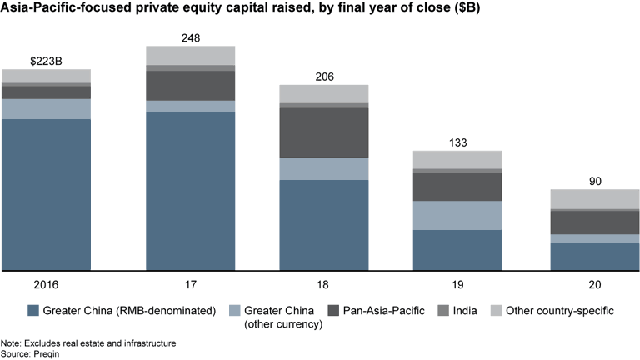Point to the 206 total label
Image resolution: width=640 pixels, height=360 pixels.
pos(323,76)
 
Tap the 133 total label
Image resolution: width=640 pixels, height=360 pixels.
pos(458,142)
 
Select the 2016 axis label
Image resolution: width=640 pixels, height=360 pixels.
pos(46,283)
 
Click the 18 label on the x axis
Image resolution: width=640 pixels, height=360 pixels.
pos(323,283)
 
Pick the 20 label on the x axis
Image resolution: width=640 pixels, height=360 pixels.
pos(595,283)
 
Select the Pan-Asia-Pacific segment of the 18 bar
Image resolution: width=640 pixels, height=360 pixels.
pos(323,132)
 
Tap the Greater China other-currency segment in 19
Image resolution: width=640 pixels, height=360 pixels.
pos(458,215)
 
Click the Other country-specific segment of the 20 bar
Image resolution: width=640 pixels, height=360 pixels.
pos(595,199)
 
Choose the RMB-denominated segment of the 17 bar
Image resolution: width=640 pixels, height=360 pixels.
pos(190,191)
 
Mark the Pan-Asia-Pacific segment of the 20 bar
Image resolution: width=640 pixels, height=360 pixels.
pos(595,222)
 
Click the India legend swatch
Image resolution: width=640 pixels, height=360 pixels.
pos(442,311)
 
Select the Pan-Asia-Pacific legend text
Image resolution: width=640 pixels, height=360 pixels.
pos(384,311)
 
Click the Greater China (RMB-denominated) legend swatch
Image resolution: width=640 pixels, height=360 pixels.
pos(33,311)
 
